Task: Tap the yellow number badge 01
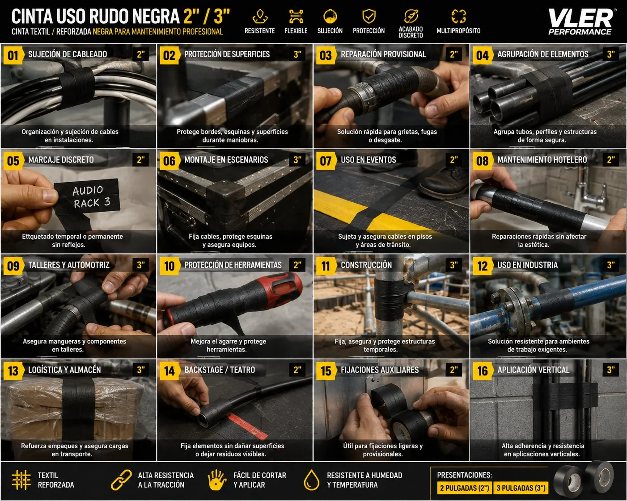[x=13, y=55]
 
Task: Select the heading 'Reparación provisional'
[x=383, y=54]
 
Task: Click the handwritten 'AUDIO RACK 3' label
[x=87, y=196]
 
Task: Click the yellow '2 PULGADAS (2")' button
[x=464, y=488]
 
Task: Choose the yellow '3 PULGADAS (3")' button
[x=521, y=488]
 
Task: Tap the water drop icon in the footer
[x=311, y=480]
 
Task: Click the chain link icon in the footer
[x=121, y=480]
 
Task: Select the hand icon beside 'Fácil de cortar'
[x=216, y=480]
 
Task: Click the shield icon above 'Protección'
[x=369, y=16]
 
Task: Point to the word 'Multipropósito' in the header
[x=458, y=31]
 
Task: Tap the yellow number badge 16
[x=482, y=371]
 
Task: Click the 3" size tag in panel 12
[x=611, y=265]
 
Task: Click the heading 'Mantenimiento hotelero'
[x=542, y=160]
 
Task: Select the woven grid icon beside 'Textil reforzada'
[x=21, y=480]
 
